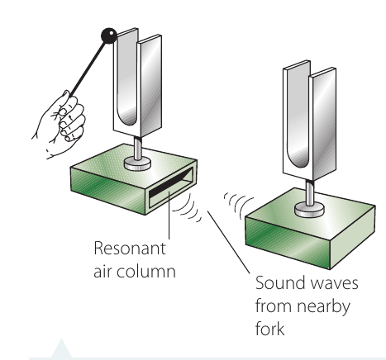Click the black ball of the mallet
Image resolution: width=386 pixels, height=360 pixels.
109,36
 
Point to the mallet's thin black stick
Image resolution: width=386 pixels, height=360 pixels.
88,69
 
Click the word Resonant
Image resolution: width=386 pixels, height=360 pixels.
130,249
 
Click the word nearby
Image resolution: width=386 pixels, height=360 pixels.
324,307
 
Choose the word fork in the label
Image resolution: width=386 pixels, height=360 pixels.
269,328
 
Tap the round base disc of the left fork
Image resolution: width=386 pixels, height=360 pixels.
137,163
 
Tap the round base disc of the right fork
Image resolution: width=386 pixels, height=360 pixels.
309,210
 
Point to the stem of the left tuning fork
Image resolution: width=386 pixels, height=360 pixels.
138,148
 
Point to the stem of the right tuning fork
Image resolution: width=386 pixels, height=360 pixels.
310,192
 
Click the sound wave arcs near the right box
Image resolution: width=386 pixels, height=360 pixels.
237,204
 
